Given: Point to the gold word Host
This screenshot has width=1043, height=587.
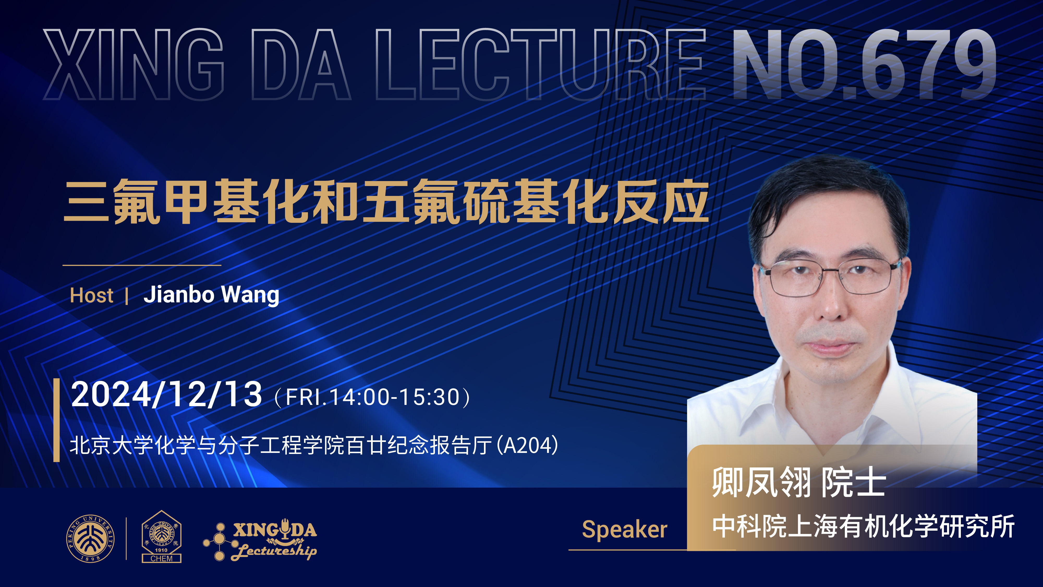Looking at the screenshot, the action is tap(92, 295).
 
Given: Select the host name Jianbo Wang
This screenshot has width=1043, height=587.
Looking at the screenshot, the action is tap(211, 295).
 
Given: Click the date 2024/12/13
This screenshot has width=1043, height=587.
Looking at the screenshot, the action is tap(166, 394).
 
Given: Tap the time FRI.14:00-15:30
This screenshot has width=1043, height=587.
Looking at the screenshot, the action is tap(373, 397).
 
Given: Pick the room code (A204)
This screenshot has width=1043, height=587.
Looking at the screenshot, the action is tap(527, 445).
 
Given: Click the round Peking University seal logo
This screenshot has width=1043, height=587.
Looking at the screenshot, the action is tap(90, 538).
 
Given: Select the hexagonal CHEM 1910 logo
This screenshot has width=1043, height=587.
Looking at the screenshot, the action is tap(162, 536).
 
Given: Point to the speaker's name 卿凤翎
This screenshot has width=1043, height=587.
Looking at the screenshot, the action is tap(761, 482).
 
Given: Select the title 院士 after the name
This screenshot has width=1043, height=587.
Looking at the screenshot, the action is tap(853, 482).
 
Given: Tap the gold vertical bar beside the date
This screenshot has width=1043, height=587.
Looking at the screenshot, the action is tap(57, 420).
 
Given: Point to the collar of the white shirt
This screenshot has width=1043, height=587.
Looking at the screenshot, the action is tap(834, 399).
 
